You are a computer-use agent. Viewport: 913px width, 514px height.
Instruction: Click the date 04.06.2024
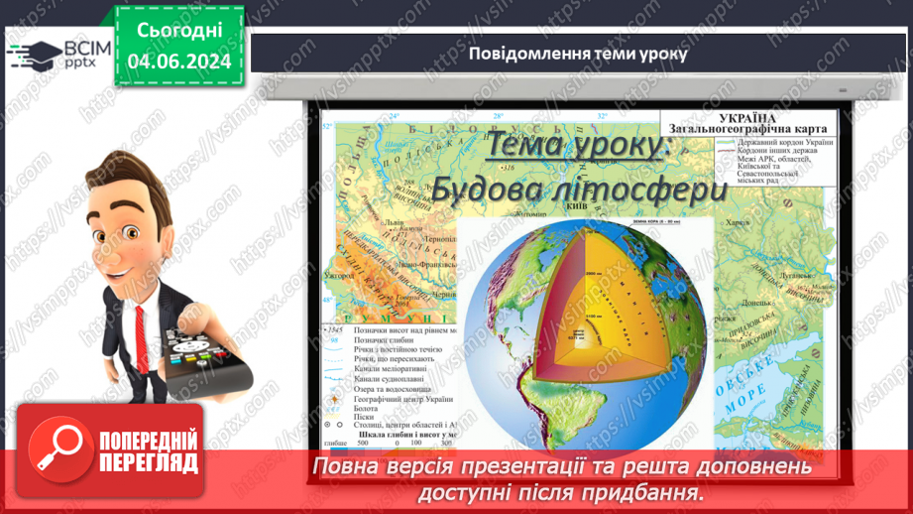click(x=179, y=62)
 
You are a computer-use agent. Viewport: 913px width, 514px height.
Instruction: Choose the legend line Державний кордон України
click(x=784, y=142)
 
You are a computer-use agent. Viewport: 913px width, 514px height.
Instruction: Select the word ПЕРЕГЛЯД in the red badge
click(x=148, y=463)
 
